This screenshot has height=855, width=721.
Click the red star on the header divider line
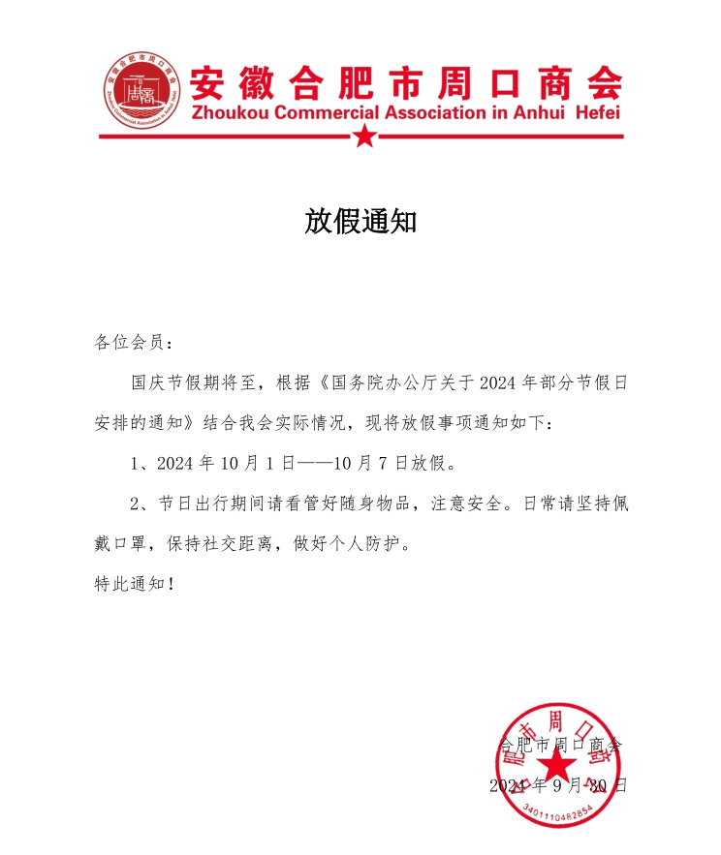(363, 137)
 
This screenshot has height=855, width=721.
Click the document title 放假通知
(360, 222)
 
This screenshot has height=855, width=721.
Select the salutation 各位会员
(131, 342)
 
